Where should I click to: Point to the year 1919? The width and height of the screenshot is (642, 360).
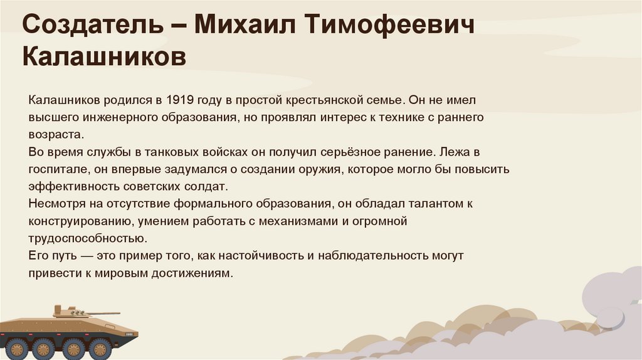(x=181, y=100)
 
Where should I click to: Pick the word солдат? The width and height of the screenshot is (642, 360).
(x=208, y=187)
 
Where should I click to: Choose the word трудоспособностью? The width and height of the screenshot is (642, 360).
(x=87, y=239)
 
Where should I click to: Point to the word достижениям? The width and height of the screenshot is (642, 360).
(x=191, y=274)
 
